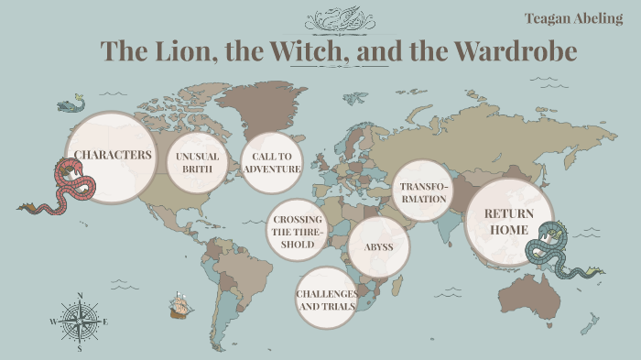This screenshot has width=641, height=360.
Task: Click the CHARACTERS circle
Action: pyautogui.click(x=113, y=156)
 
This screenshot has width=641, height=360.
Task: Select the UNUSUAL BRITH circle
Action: pyautogui.click(x=197, y=162)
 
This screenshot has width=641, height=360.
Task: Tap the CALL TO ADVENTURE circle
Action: pyautogui.click(x=271, y=162)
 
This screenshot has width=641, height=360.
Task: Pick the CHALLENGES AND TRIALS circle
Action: pyautogui.click(x=326, y=299)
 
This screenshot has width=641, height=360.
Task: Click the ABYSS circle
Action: pyautogui.click(x=379, y=246)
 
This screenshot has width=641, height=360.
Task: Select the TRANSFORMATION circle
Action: pyautogui.click(x=423, y=191)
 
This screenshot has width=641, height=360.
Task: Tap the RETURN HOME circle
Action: pyautogui.click(x=509, y=222)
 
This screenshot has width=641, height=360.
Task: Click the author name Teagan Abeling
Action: pyautogui.click(x=573, y=18)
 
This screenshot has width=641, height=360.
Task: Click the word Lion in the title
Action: pyautogui.click(x=180, y=51)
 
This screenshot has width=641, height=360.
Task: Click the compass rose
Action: pyautogui.click(x=80, y=321)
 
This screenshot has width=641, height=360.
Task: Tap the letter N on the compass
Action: pyautogui.click(x=80, y=296)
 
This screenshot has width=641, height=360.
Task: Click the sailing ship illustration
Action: pyautogui.click(x=180, y=306)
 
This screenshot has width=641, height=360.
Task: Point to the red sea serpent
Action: pyautogui.click(x=64, y=188)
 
